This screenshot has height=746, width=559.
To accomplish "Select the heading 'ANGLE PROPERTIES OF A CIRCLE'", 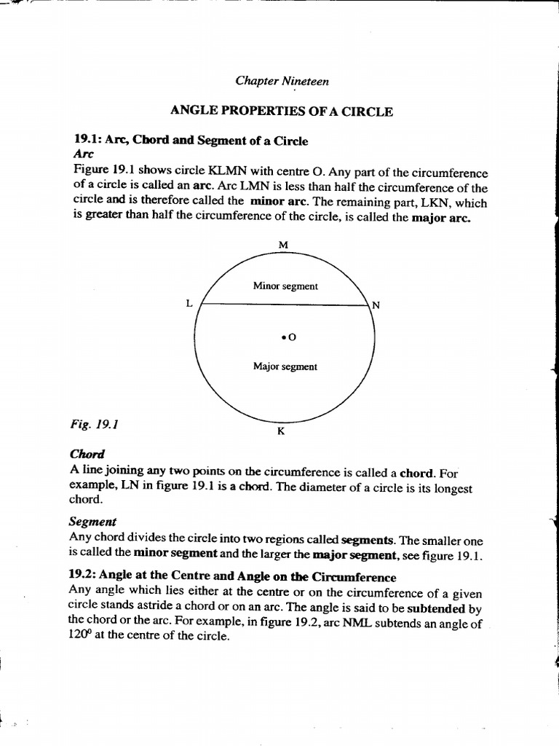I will [281, 111].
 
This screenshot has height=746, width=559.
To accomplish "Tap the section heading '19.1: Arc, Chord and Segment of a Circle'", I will [191, 141].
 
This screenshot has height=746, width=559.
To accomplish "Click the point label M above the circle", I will [284, 245].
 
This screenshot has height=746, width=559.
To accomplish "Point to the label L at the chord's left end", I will [189, 305].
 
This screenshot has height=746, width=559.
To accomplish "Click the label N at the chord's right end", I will [376, 305].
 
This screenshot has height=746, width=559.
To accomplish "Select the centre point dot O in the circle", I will [282, 337].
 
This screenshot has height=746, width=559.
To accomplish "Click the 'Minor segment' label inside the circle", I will [285, 286].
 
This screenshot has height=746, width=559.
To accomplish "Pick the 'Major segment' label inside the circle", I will [285, 366].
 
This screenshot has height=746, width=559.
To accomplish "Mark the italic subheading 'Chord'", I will [87, 453].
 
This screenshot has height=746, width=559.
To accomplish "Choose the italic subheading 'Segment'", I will [92, 522].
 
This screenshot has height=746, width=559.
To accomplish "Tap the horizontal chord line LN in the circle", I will [284, 305].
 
